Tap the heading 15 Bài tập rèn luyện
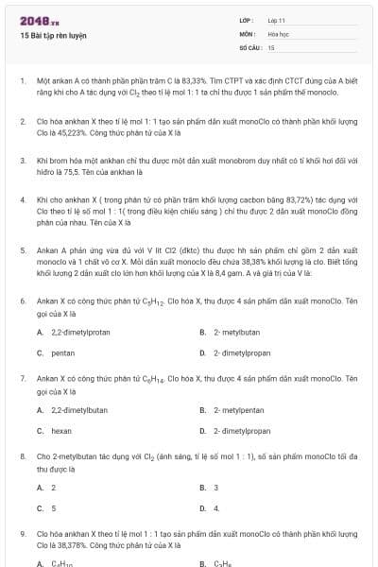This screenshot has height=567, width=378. pyautogui.click(x=52, y=35)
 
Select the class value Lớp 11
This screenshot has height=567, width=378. pyautogui.click(x=276, y=20)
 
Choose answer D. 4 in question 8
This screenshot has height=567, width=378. pyautogui.click(x=215, y=507)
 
